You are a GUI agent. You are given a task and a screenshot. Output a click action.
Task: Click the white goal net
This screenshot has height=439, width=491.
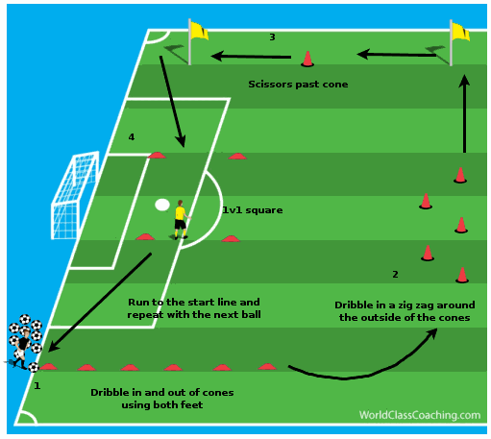[74, 195]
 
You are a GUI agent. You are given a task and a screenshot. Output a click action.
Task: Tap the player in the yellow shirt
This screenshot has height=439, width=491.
[181, 220]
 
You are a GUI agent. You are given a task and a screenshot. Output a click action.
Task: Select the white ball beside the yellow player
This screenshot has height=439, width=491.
[162, 205]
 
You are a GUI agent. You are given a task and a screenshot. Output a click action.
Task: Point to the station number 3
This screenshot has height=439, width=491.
[272, 37]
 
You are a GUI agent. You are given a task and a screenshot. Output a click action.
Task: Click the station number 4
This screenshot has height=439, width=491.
[132, 137]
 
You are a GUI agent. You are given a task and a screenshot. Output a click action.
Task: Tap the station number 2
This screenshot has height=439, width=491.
[395, 275]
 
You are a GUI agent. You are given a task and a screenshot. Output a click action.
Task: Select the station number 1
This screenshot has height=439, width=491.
[37, 385]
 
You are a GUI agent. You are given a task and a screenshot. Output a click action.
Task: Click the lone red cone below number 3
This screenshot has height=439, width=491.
[307, 59]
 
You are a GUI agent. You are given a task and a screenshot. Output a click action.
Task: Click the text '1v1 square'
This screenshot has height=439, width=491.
[253, 210]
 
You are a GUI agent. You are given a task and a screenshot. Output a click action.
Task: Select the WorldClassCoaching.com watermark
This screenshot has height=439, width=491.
[420, 415]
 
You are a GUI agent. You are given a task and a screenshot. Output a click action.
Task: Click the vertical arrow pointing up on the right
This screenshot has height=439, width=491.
[464, 113]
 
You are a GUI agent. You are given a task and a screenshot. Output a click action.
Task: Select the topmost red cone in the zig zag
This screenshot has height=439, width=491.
[460, 175]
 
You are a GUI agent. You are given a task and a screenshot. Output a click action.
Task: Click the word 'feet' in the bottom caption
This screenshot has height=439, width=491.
[191, 405]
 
